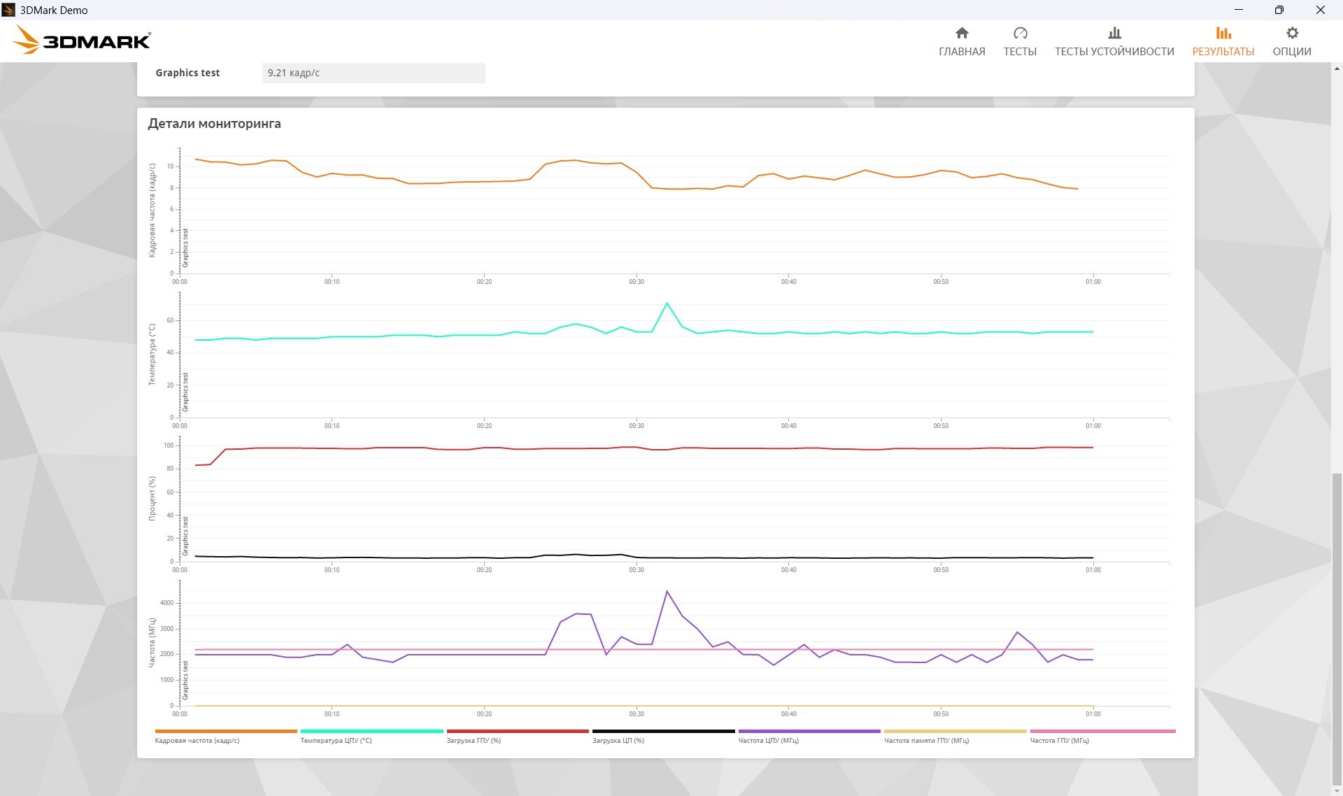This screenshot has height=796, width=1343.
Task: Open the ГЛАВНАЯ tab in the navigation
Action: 962,42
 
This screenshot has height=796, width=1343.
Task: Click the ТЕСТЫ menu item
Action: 1020,42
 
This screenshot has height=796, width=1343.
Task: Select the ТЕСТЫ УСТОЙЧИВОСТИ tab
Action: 1114,42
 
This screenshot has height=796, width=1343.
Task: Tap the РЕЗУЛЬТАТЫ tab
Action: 1223,42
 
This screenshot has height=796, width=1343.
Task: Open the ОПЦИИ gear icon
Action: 1292,33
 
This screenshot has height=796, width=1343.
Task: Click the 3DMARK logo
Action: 82,40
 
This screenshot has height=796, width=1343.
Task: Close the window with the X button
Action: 1320,10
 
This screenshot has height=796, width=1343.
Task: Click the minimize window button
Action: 1239,10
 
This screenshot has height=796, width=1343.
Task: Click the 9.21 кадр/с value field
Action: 374,73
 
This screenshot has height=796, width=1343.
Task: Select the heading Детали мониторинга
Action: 214,124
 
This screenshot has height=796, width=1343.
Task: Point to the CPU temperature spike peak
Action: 667,303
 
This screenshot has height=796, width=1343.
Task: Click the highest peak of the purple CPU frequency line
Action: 667,592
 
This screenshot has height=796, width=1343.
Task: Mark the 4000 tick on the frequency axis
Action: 166,603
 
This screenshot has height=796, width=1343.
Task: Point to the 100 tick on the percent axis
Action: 169,446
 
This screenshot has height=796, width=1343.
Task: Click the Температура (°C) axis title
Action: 152,355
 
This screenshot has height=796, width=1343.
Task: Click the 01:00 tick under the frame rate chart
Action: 1093,282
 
